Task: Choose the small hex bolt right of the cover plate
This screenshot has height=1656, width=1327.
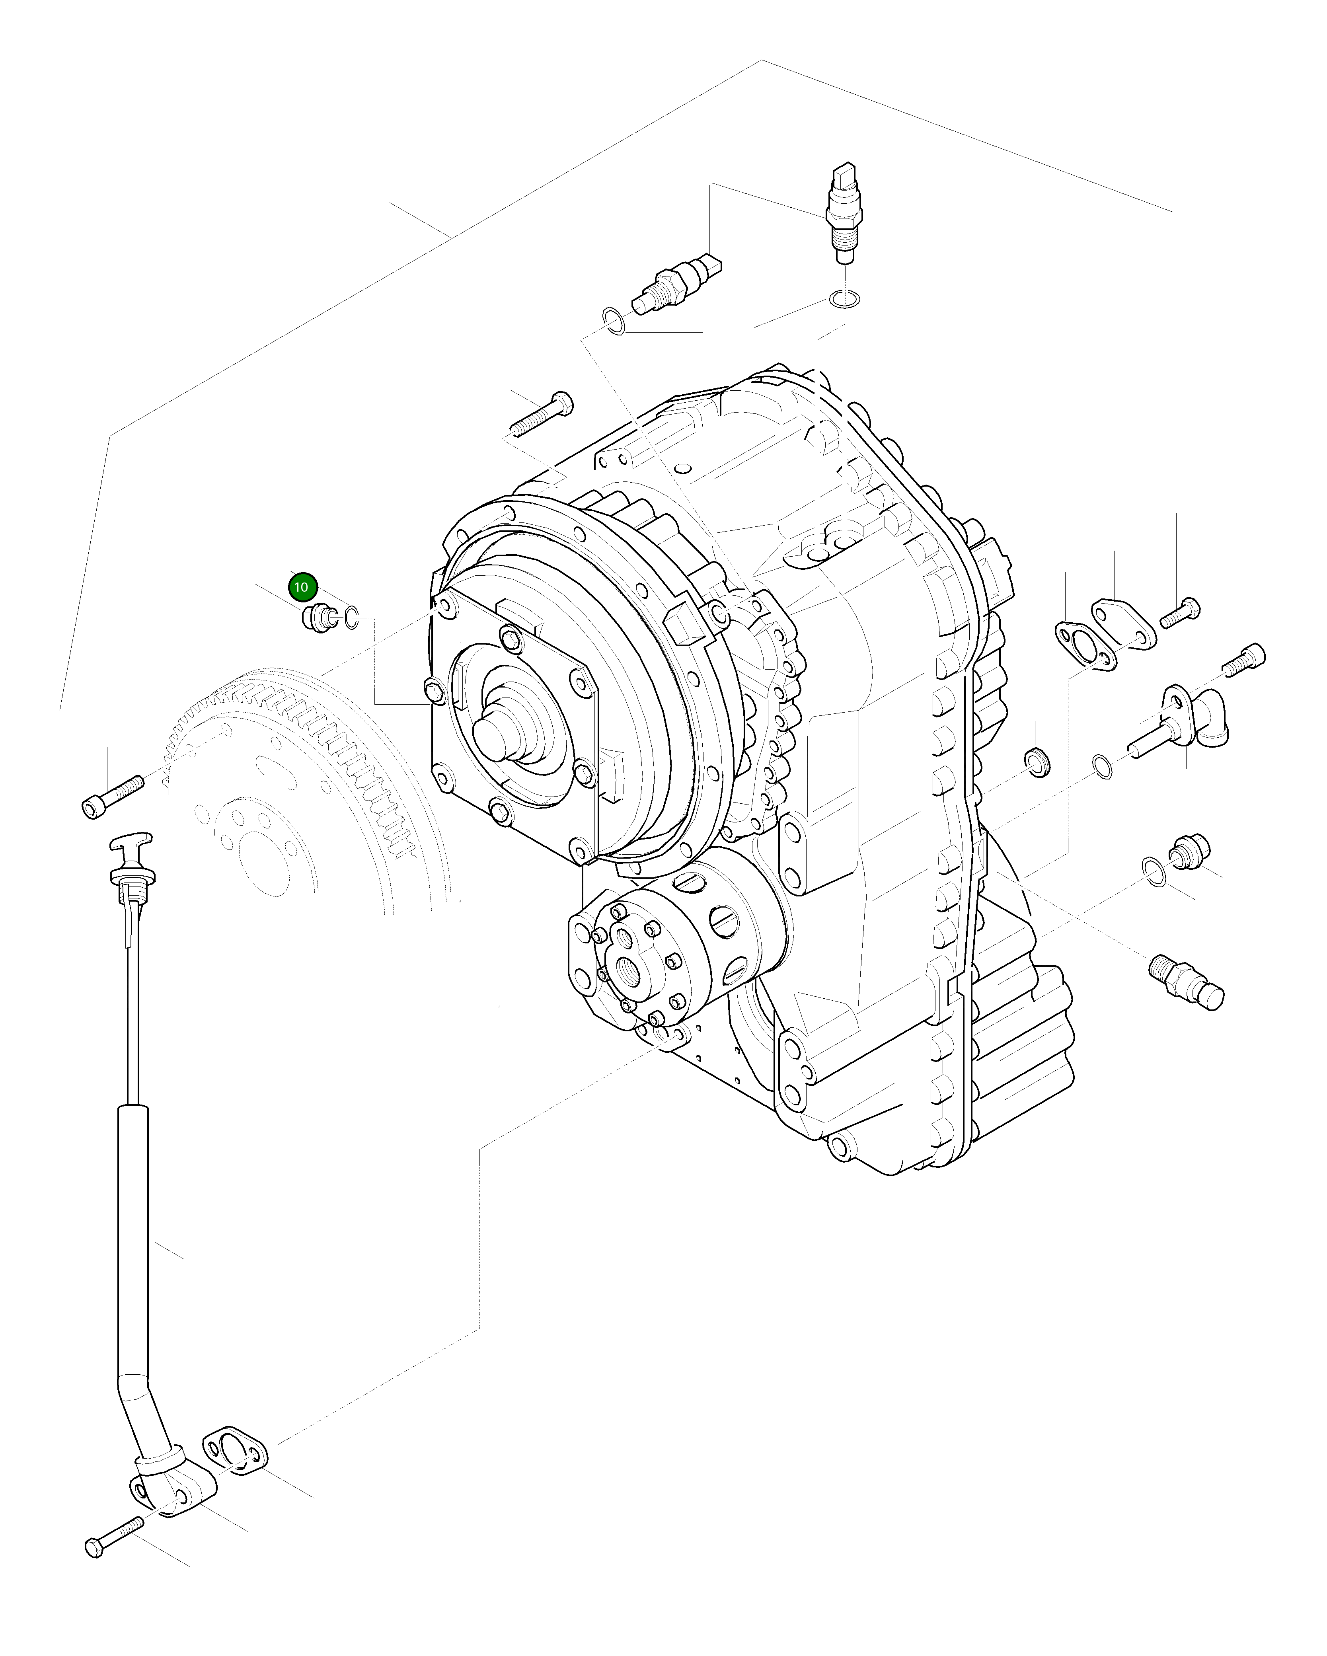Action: [x=1180, y=612]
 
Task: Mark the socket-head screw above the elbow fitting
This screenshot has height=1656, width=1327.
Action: [x=1244, y=660]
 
